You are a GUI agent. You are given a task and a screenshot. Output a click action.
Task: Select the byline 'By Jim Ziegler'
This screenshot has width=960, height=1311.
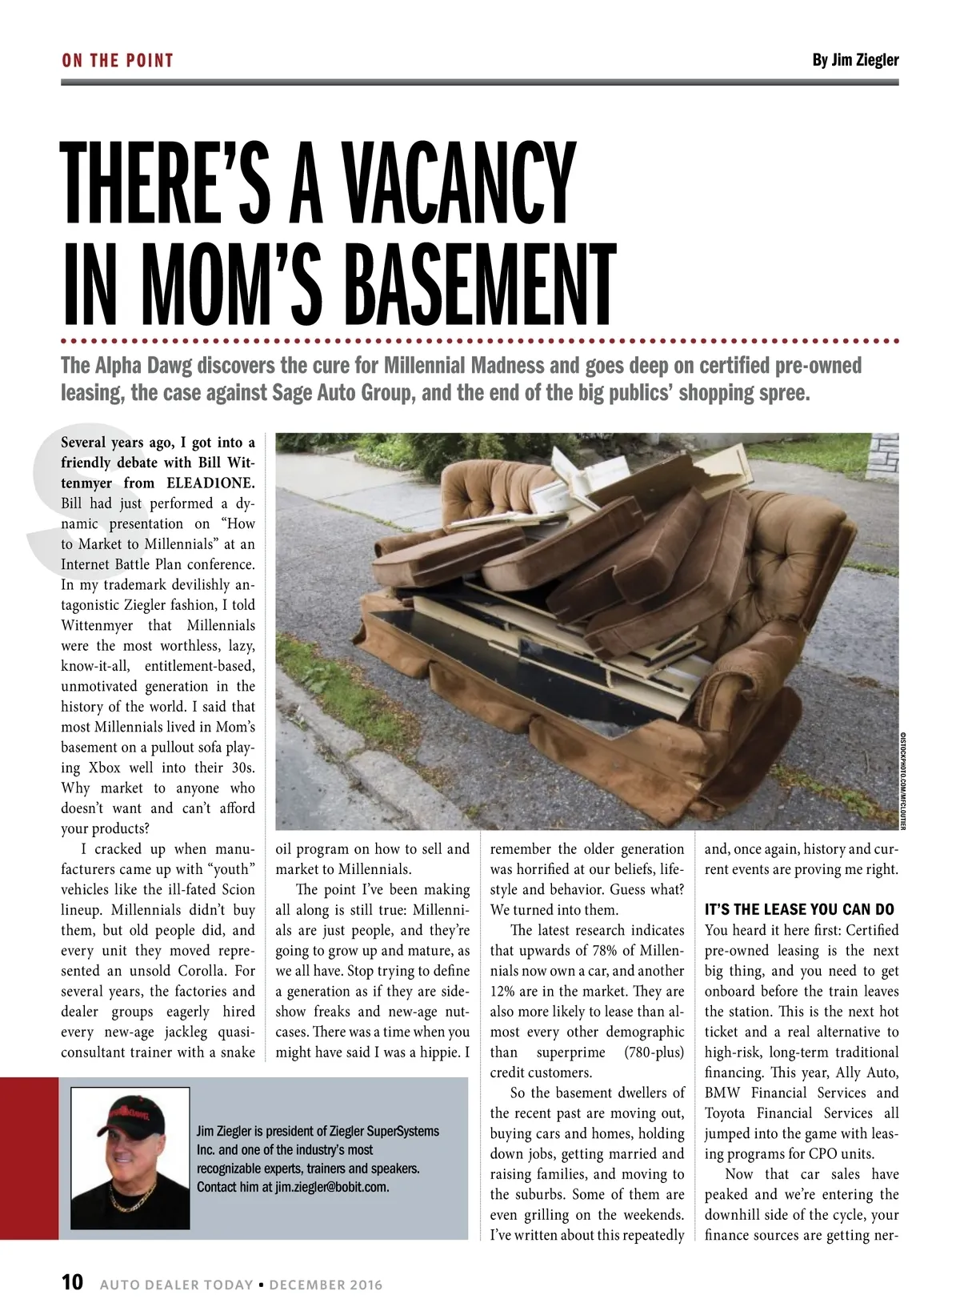(854, 60)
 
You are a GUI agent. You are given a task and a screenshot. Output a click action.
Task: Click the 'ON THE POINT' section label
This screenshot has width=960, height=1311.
(117, 61)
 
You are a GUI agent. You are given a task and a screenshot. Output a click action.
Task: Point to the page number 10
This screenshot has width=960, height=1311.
(72, 1281)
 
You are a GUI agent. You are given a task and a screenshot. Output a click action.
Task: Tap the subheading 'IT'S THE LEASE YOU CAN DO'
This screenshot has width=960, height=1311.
(798, 909)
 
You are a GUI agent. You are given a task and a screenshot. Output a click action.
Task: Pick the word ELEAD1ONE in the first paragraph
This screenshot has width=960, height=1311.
(210, 483)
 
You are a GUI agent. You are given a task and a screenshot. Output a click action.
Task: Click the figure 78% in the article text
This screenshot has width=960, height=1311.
(610, 951)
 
